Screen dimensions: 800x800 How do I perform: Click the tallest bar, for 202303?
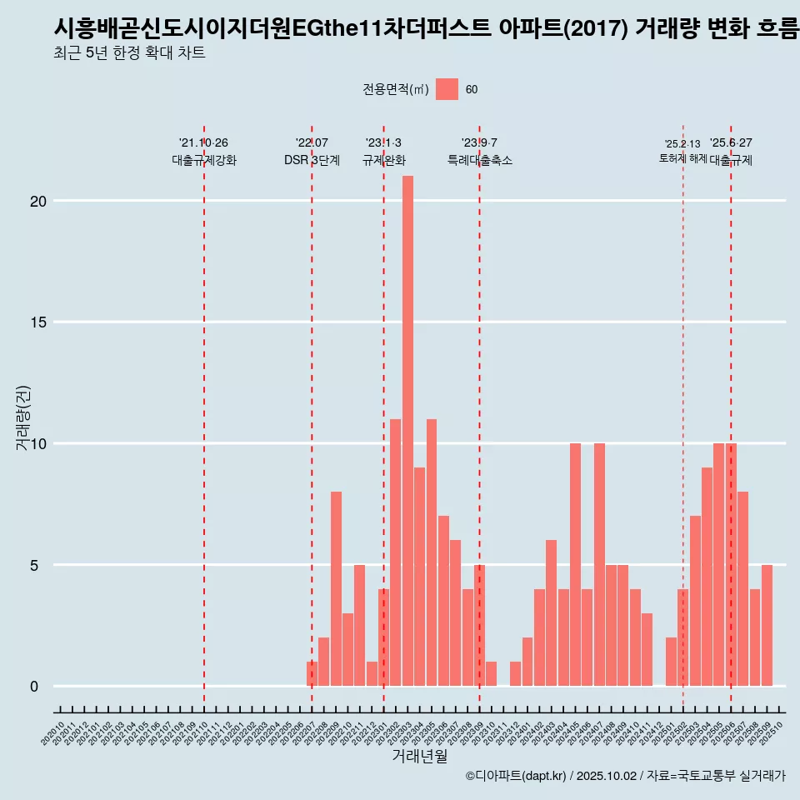(407, 431)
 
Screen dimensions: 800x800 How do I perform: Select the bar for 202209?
(336, 588)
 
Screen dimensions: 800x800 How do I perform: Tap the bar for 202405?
(575, 564)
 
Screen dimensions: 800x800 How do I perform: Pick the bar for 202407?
(599, 564)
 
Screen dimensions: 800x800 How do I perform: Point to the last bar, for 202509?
(767, 625)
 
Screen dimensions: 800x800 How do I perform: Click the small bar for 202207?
(312, 673)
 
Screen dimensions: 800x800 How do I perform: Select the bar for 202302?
(396, 552)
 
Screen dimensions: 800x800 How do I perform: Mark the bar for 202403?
(551, 612)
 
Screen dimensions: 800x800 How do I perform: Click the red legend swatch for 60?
(447, 89)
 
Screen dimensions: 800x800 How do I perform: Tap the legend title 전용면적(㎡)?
(395, 90)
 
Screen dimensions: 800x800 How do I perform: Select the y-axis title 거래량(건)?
(23, 417)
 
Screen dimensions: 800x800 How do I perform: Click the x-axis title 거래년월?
(419, 757)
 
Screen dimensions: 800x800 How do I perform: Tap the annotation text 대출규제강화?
(204, 160)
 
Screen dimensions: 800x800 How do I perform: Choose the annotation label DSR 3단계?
(312, 160)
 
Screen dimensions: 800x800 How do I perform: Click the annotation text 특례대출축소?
(479, 160)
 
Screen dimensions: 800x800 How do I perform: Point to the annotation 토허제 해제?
(682, 158)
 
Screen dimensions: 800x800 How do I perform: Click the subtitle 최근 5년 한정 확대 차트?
(129, 53)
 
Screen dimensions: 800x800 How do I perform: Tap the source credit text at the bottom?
(625, 776)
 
